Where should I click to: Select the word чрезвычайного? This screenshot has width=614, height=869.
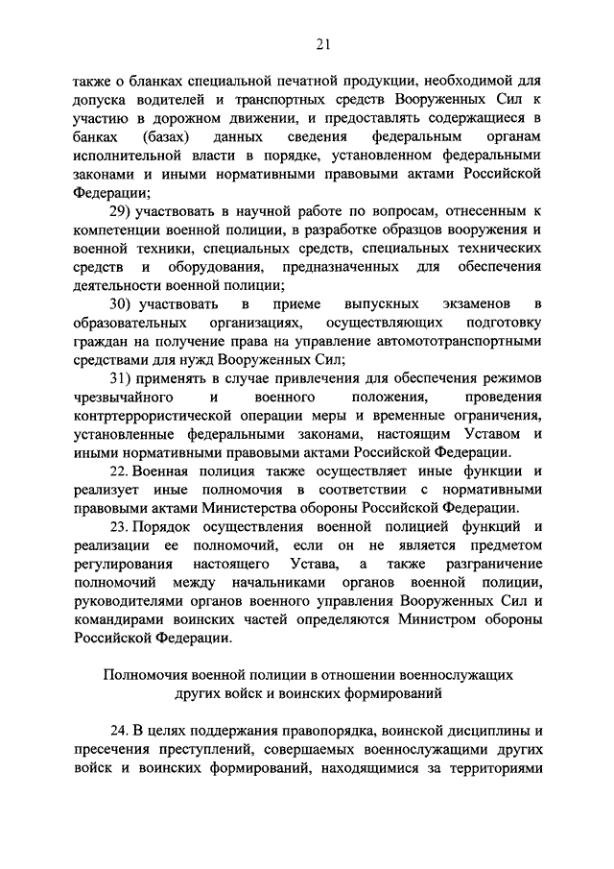coord(120,397)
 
